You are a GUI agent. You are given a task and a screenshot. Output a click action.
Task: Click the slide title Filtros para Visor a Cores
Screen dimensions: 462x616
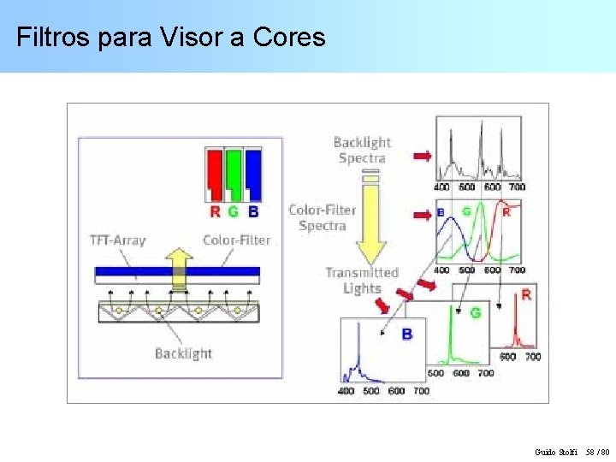[x=171, y=38]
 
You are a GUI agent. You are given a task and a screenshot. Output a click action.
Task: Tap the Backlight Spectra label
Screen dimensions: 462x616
[x=362, y=150]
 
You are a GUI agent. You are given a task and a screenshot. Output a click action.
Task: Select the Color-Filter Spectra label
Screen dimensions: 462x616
[x=323, y=217]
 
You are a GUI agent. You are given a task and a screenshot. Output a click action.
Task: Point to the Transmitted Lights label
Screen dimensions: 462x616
[x=362, y=280]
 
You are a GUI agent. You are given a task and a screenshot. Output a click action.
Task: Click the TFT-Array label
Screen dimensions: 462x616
[x=117, y=240]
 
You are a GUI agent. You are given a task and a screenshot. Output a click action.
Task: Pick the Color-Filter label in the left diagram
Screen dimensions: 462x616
[x=236, y=240]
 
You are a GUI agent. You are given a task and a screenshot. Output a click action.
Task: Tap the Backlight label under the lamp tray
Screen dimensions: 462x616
[x=183, y=352]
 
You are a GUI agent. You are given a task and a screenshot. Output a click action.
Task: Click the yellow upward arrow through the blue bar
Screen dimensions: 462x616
[x=179, y=268]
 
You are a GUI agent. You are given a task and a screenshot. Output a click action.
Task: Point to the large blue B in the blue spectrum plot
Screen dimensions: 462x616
[x=406, y=334]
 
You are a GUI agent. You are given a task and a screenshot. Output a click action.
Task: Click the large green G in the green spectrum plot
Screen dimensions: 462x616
[x=475, y=313]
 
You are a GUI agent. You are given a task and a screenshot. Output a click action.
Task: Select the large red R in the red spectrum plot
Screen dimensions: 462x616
[x=525, y=295]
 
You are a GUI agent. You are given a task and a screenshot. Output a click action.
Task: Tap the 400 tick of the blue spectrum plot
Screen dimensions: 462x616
[x=346, y=391]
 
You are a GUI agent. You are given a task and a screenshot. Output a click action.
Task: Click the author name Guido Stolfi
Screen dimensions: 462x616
[x=555, y=451]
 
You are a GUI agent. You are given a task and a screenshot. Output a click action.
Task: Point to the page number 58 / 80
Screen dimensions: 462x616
[x=596, y=451]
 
